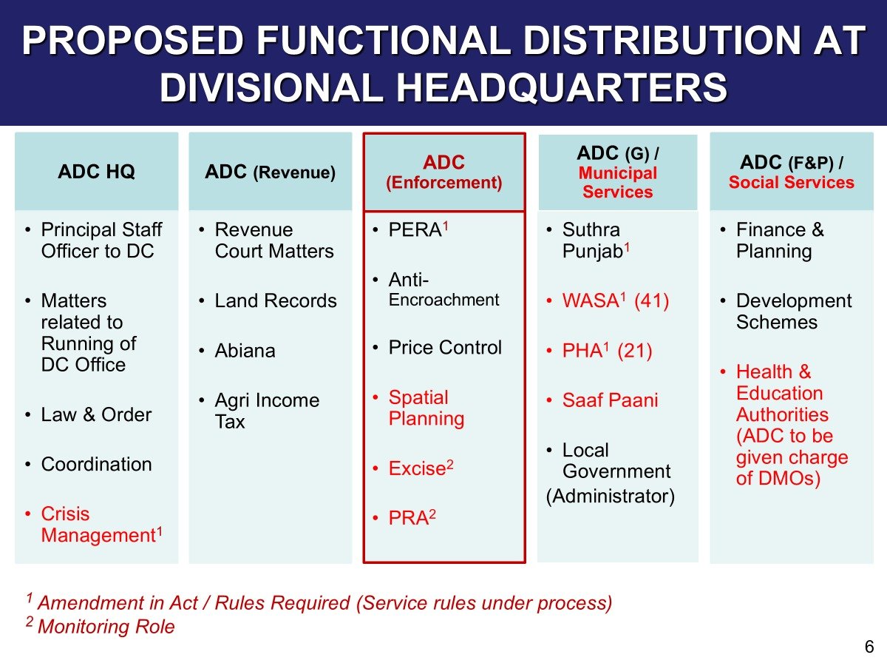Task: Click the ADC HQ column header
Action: pos(96,172)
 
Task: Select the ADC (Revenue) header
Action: pos(270,172)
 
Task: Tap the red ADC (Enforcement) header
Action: pos(443,172)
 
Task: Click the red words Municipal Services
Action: pos(617,182)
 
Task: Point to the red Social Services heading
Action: pos(791,182)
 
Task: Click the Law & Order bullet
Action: pos(96,414)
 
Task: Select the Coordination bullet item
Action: pos(97,464)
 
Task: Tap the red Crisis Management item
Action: pos(102,525)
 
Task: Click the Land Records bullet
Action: pos(276,301)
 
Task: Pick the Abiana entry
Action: pos(245,351)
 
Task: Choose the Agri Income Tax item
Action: pos(267,411)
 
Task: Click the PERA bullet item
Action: pos(418,229)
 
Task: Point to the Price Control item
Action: pos(445,347)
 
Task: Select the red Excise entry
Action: pos(421,468)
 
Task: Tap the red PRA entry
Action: pos(412,517)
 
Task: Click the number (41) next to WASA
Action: pos(651,301)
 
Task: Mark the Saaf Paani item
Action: pos(611,400)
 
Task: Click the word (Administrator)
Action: pos(611,496)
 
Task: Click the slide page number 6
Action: pos(869,647)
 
